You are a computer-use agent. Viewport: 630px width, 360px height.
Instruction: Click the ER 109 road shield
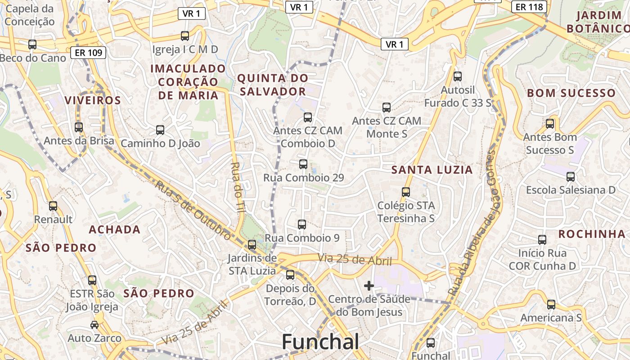[88, 53]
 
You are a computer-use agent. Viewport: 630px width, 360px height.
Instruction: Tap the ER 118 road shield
[529, 7]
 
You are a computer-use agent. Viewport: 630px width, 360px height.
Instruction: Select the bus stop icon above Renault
[53, 206]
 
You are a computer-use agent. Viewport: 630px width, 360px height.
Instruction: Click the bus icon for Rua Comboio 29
[303, 164]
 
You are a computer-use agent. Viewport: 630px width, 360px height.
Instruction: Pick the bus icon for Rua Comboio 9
[302, 224]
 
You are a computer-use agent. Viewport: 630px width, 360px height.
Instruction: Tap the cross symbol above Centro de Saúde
[369, 285]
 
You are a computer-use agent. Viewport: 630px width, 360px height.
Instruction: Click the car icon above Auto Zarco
[94, 324]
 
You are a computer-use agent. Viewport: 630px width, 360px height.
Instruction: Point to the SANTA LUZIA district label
[432, 170]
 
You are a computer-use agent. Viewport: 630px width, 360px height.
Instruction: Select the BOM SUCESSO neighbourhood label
[571, 93]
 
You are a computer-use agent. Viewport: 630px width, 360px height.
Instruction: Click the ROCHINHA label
[592, 234]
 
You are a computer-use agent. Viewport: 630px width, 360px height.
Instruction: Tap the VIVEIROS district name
[93, 100]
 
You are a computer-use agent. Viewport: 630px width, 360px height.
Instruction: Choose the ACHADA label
[115, 229]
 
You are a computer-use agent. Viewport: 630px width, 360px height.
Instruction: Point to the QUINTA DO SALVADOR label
[273, 85]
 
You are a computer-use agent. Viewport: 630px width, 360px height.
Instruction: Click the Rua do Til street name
[235, 186]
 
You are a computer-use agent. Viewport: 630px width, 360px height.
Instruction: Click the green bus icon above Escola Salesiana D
[571, 176]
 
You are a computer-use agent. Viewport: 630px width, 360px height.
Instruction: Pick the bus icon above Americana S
[551, 305]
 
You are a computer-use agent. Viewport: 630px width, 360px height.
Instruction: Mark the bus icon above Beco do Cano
[32, 45]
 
